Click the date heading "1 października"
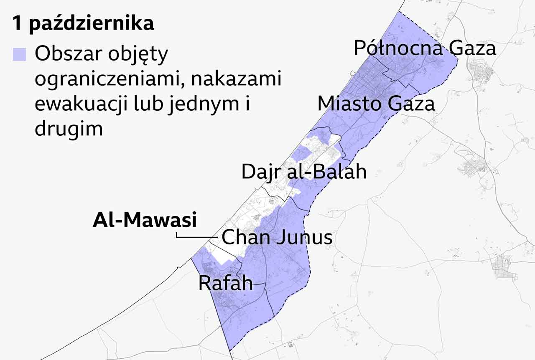click(83, 24)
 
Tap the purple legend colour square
click(19, 55)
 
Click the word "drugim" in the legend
click(69, 129)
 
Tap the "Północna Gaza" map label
click(425, 48)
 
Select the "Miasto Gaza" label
click(376, 104)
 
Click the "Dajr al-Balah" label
click(304, 172)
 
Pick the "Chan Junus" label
click(277, 238)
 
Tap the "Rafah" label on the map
click(225, 283)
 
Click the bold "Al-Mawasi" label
click(145, 220)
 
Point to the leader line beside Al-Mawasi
click(196, 237)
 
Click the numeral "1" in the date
click(17, 24)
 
